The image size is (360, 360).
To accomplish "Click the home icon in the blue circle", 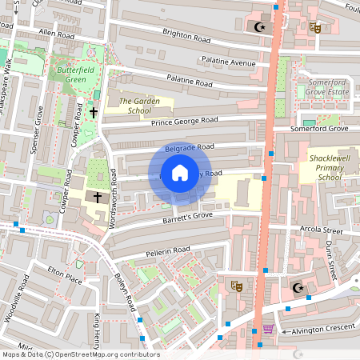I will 180,173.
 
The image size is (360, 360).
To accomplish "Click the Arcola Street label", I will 322,231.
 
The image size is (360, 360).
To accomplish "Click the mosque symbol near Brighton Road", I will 258,27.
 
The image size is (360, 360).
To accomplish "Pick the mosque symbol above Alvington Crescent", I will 298,288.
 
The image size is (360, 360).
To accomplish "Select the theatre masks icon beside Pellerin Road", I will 237,285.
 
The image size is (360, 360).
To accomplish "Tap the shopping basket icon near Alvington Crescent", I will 267,328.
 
